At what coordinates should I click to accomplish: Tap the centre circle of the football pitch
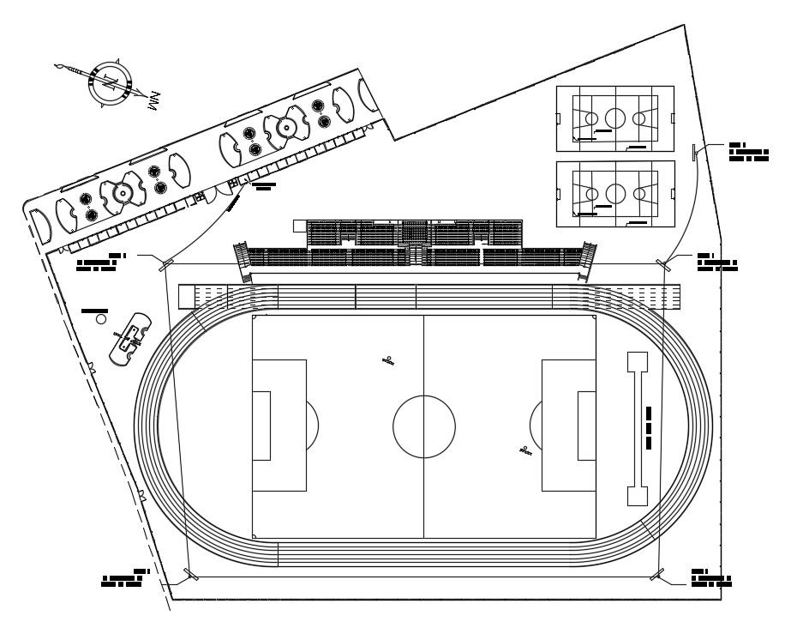[424, 426]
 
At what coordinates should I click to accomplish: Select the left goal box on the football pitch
[261, 426]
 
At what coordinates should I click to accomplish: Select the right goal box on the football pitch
[586, 426]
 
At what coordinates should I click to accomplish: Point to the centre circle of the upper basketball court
[615, 118]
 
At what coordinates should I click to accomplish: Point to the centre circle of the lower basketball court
[615, 193]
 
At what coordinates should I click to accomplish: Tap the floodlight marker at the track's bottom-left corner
[190, 574]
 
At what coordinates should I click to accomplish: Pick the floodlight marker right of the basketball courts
[693, 152]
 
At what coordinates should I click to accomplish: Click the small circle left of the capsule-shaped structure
[101, 319]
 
